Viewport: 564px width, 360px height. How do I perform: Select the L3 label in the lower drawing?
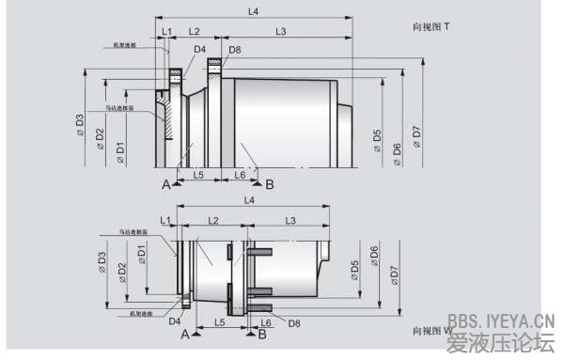pyautogui.click(x=290, y=219)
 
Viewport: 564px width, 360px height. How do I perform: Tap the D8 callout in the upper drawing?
pyautogui.click(x=234, y=49)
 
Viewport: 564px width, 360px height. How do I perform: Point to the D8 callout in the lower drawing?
pyautogui.click(x=294, y=322)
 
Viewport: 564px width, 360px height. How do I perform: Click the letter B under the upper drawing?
pyautogui.click(x=270, y=184)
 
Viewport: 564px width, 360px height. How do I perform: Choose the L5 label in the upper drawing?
pyautogui.click(x=199, y=175)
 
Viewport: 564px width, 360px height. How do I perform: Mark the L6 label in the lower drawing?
pyautogui.click(x=266, y=322)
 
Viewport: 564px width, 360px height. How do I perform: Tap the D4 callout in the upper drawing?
pyautogui.click(x=199, y=49)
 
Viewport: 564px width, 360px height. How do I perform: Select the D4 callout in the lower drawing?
pyautogui.click(x=174, y=321)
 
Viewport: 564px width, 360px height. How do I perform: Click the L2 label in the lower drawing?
pyautogui.click(x=212, y=219)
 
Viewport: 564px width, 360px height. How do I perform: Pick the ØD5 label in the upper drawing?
pyautogui.click(x=377, y=140)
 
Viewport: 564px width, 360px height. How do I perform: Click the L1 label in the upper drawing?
pyautogui.click(x=166, y=31)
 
